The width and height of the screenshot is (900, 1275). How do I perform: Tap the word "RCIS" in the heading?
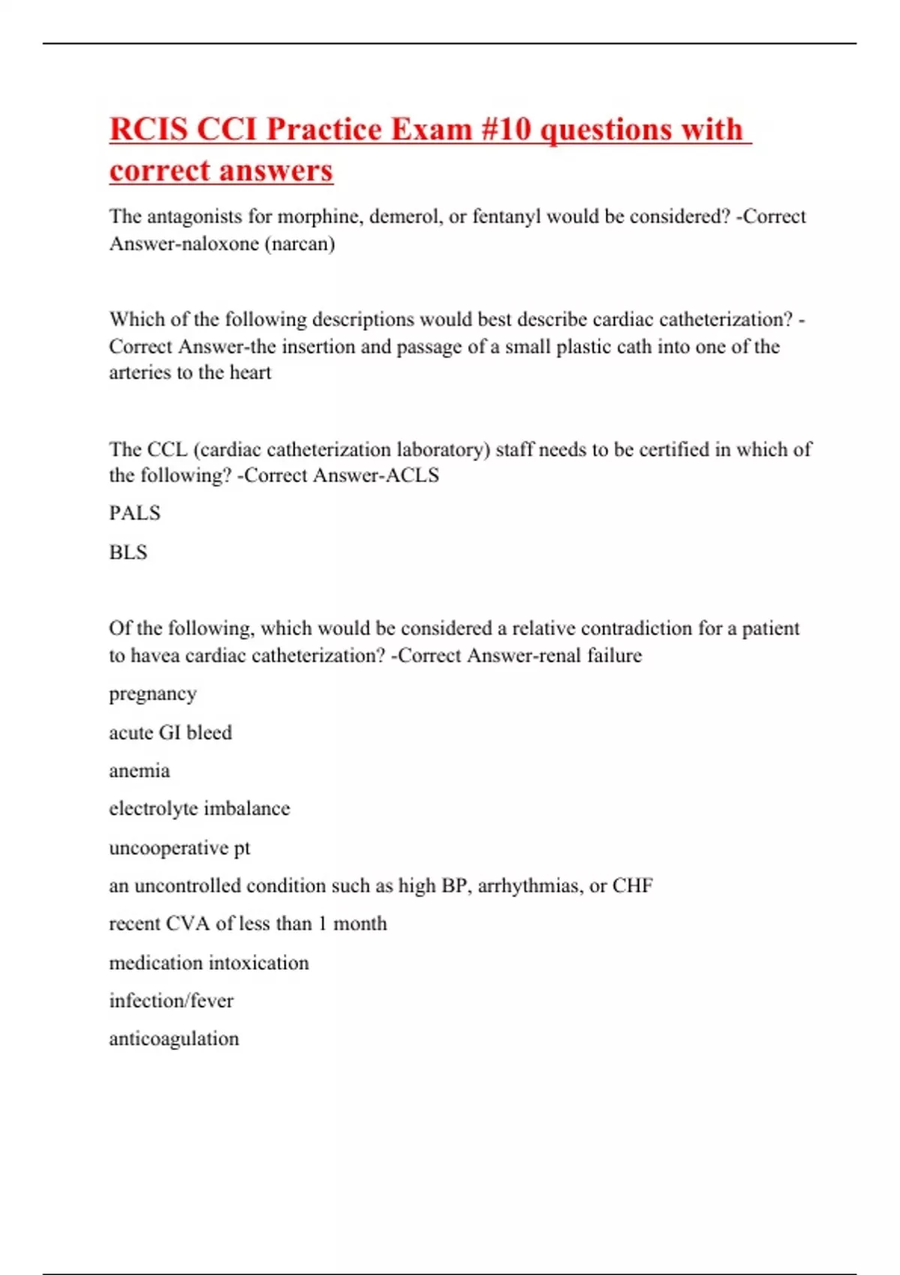[x=148, y=129]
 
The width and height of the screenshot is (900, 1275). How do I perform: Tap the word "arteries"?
[x=139, y=373]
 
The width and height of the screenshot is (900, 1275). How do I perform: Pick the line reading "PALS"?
[x=135, y=513]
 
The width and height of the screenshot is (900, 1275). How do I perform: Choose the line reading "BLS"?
[x=128, y=553]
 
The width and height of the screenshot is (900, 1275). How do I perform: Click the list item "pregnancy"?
[x=153, y=694]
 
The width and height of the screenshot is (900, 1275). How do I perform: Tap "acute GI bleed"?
[x=170, y=732]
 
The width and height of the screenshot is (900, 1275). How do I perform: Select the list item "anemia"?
[x=139, y=771]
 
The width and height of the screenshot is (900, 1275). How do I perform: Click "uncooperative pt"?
[x=179, y=847]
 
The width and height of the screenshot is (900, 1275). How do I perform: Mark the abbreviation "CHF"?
[x=632, y=886]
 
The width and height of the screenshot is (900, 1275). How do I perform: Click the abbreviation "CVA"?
[x=188, y=923]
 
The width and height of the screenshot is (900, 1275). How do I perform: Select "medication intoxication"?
[x=208, y=962]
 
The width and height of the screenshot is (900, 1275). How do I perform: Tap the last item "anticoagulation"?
[x=174, y=1039]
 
